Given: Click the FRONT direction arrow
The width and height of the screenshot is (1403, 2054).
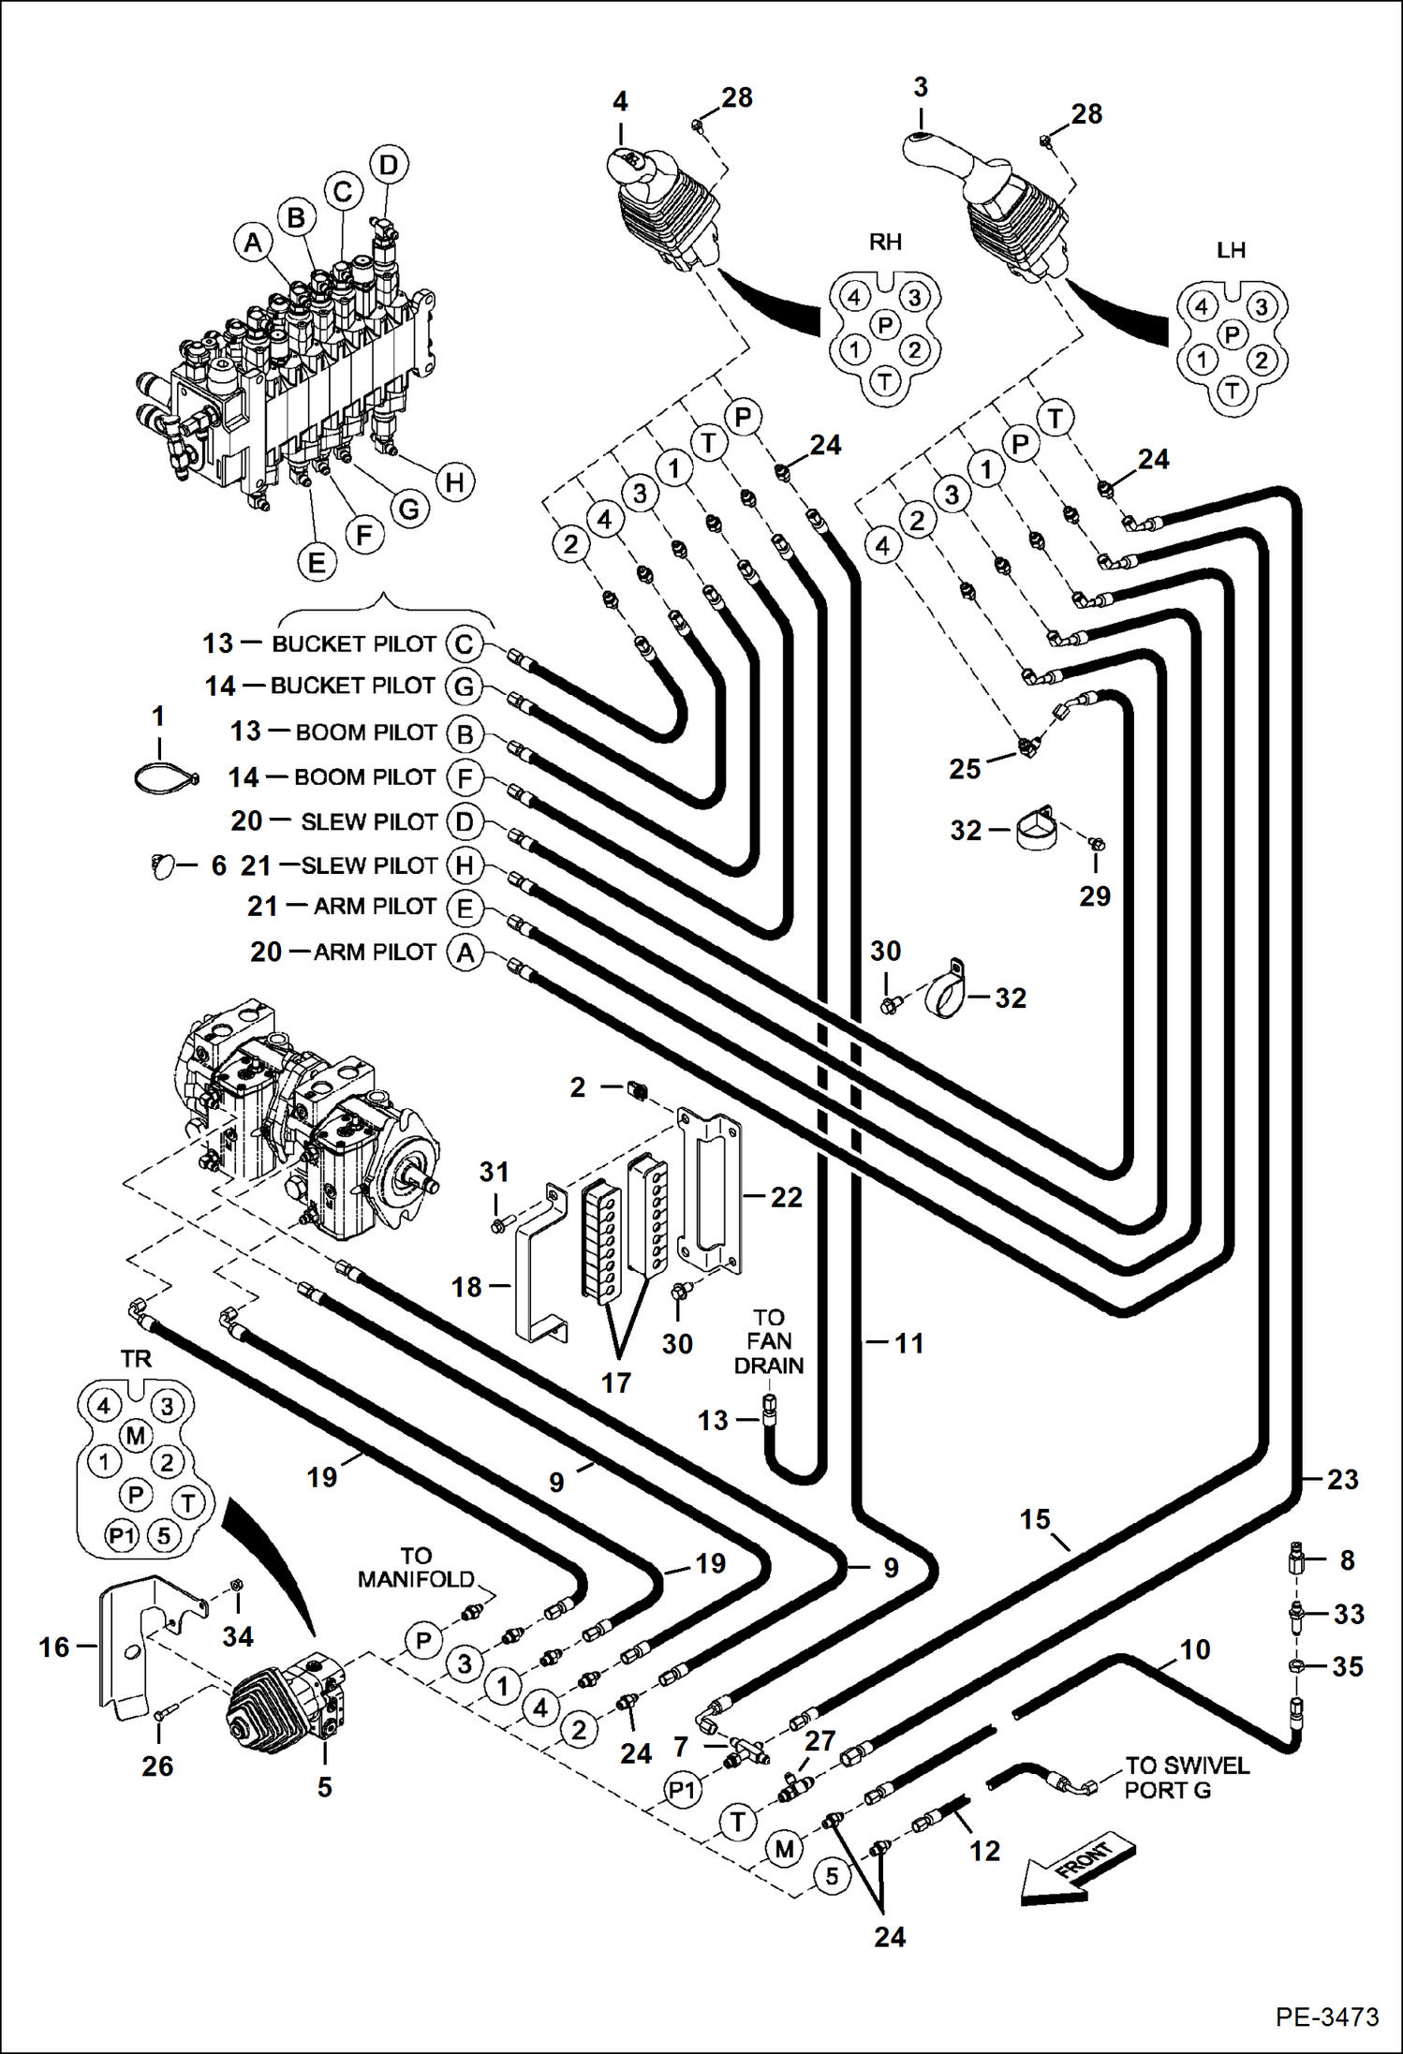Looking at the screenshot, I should (1077, 1869).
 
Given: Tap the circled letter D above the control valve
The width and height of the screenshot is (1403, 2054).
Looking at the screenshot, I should (388, 165).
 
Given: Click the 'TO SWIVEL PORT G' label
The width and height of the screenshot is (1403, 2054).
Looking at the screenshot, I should (1186, 1778).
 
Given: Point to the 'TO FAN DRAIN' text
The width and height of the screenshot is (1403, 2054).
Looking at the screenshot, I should (768, 1341).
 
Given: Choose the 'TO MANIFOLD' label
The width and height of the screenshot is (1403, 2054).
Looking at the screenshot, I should (416, 1568).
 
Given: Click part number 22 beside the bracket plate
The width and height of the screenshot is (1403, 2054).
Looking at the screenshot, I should (786, 1197).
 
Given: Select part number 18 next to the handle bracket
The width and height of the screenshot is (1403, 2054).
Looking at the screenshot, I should (466, 1287).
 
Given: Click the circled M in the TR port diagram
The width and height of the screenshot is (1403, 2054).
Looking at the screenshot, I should (136, 1435).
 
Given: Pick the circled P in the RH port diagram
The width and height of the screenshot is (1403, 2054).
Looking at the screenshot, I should (885, 325).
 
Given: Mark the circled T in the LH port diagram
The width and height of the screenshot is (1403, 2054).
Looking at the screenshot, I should (1232, 391).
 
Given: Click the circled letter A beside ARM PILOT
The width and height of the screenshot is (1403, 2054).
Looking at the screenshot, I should (465, 953).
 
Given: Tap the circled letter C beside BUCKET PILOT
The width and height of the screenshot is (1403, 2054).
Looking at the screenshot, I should (465, 644).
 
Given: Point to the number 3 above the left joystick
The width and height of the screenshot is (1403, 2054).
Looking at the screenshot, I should (921, 87).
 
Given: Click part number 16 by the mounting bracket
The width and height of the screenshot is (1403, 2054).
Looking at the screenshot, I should (54, 1647).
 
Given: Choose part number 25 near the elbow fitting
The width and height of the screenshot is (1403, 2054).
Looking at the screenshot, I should (965, 769).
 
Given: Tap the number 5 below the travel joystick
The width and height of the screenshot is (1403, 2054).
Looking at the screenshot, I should (324, 1787).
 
